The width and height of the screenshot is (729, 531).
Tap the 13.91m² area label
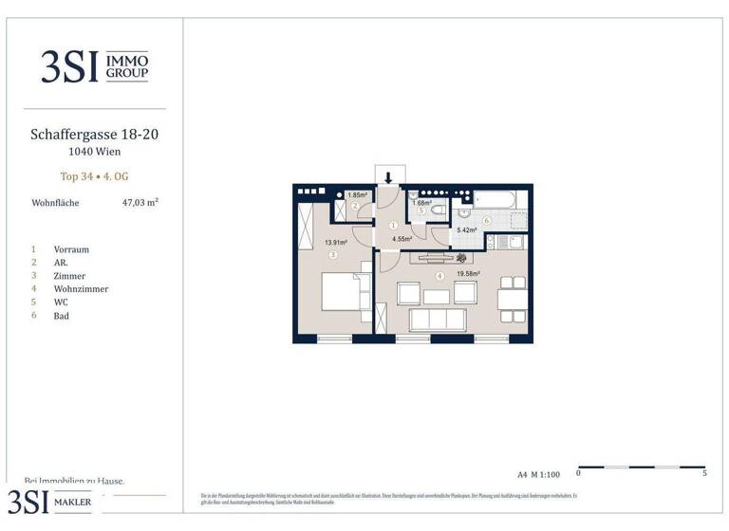tap(335, 243)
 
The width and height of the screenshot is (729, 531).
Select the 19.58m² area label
tap(469, 273)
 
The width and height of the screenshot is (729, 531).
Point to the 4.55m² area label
tap(402, 239)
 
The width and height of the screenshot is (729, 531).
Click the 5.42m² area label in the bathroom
tap(468, 229)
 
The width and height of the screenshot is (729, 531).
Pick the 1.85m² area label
tap(357, 195)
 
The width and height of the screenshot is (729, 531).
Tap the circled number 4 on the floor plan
tap(439, 276)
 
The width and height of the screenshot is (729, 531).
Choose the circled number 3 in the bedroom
tap(333, 255)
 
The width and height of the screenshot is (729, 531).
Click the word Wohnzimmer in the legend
tap(81, 289)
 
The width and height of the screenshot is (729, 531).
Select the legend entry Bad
tap(62, 316)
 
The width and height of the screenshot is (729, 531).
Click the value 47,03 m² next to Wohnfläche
tap(140, 202)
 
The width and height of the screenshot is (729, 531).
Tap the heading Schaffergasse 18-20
tap(94, 135)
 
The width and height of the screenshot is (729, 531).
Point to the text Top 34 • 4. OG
tap(94, 175)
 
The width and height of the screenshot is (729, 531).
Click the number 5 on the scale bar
tap(703, 472)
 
